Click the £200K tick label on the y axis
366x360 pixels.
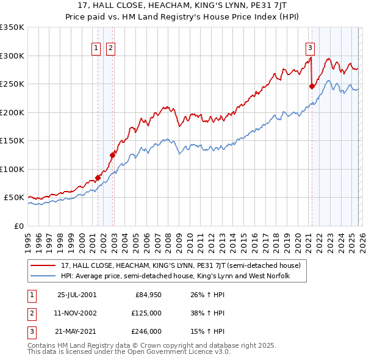[x=12, y=112]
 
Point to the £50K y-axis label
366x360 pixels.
[x=13, y=198]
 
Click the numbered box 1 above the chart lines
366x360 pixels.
[x=96, y=49]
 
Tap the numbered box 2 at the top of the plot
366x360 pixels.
[x=110, y=49]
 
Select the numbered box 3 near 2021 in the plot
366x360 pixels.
[x=310, y=49]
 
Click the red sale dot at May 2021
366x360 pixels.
[x=312, y=87]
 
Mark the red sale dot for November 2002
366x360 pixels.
[x=112, y=155]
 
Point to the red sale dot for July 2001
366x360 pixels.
[x=98, y=178]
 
